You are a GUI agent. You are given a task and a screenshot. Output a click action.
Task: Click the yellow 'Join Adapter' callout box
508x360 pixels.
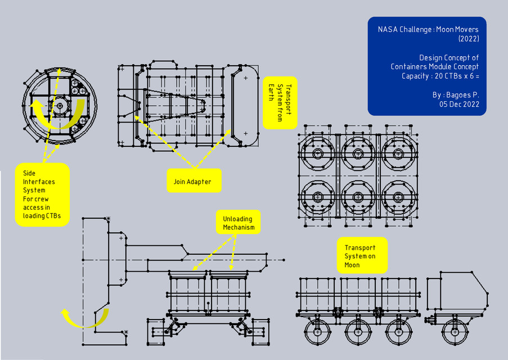(194, 182)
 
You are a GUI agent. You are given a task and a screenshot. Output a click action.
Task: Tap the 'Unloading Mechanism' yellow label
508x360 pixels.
(237, 223)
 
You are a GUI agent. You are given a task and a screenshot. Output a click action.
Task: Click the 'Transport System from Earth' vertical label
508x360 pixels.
(280, 103)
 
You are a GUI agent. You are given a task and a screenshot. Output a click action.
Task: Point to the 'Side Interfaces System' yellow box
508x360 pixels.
(42, 195)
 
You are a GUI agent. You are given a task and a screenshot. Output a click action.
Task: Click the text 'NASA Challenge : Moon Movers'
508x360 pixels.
(427, 29)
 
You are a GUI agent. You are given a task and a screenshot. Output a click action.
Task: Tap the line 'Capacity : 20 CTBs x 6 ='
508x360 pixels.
(440, 76)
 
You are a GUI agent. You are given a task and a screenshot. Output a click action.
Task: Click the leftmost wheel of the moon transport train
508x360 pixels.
(318, 332)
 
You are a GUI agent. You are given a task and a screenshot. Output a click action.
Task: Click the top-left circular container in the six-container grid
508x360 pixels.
(317, 154)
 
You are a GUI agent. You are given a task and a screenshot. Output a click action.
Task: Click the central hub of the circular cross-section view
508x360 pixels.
(60, 105)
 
